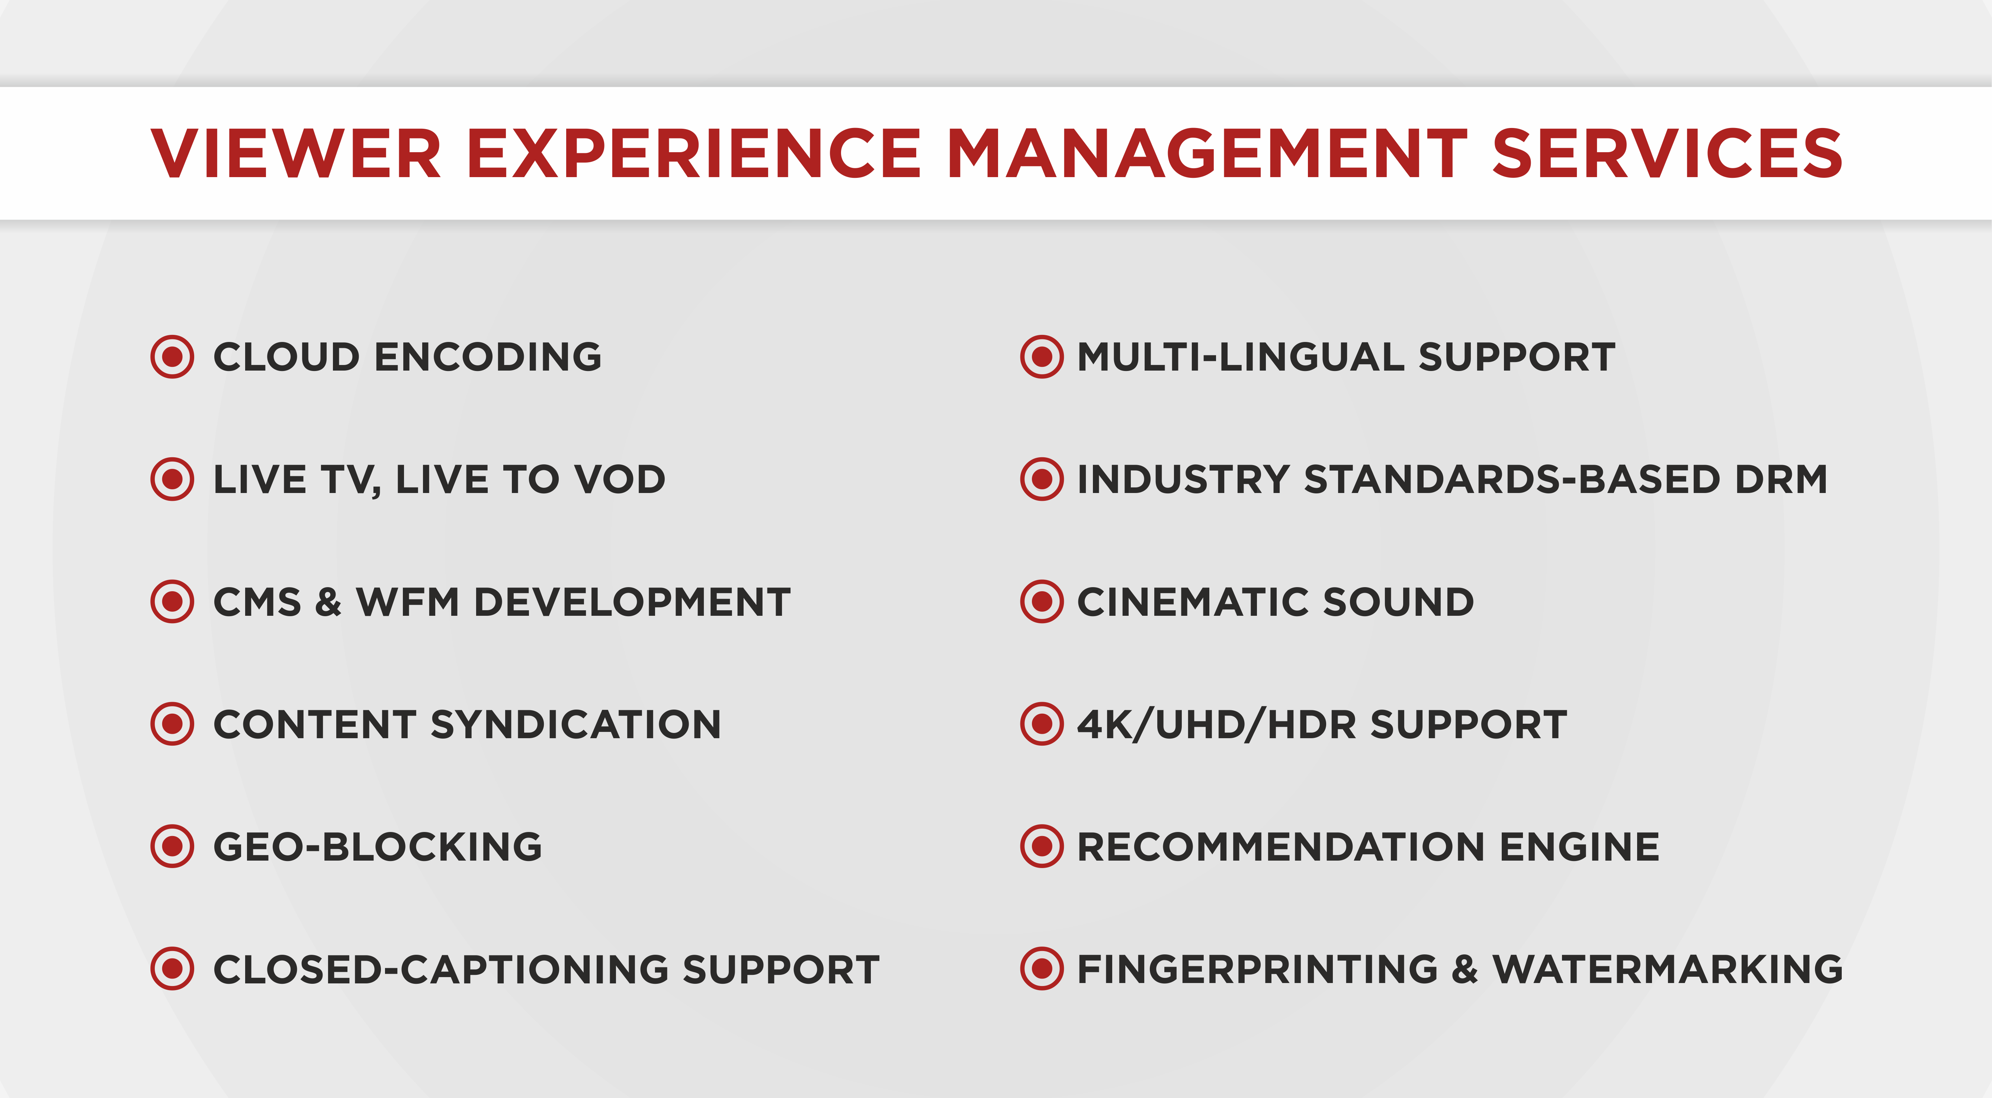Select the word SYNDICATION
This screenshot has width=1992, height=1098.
[575, 724]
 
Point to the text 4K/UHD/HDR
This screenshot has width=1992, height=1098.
[1216, 724]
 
